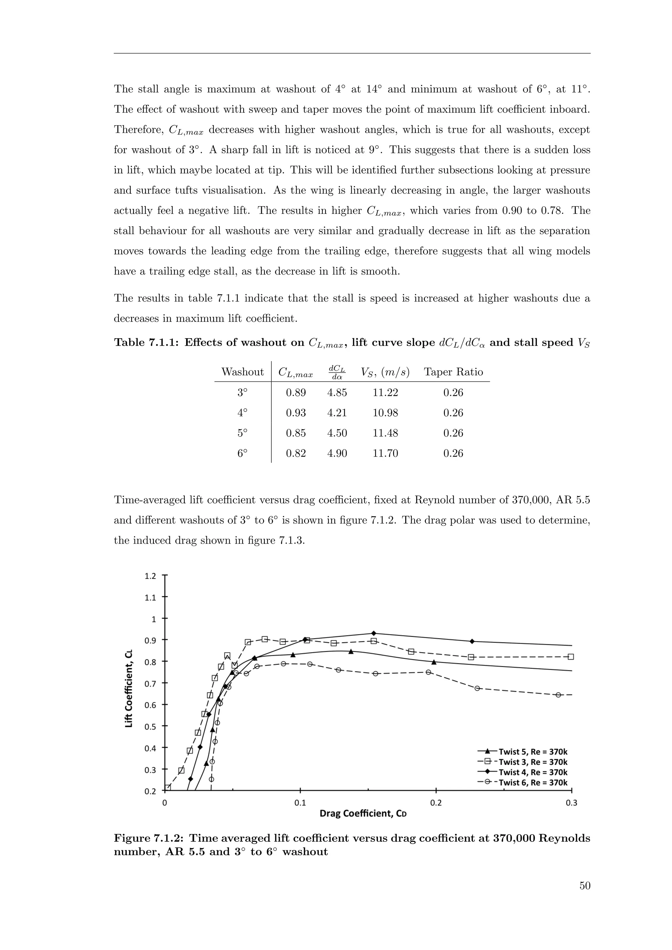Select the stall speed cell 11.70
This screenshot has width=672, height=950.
[x=385, y=453]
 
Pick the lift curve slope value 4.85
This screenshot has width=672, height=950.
[x=337, y=392]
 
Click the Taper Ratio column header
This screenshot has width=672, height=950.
[x=453, y=372]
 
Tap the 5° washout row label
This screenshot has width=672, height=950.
[x=242, y=433]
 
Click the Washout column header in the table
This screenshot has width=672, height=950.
[x=242, y=372]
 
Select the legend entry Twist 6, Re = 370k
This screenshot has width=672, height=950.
[x=533, y=782]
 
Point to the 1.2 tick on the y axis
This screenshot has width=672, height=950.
[x=151, y=576]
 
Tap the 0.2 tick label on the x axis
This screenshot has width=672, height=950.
[x=436, y=803]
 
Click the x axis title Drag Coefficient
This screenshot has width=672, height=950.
[x=363, y=814]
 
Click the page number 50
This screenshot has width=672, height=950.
[x=585, y=885]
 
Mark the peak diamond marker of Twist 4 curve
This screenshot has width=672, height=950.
[x=374, y=633]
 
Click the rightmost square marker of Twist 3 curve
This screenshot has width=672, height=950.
[x=571, y=657]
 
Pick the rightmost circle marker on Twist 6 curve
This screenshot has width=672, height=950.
[x=558, y=695]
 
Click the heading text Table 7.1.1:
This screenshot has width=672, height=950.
[x=146, y=342]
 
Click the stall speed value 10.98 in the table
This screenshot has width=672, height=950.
[x=385, y=413]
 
